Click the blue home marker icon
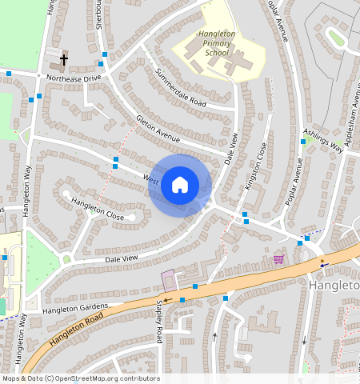(x=180, y=186)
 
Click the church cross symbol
(x=64, y=59)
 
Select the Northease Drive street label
(x=74, y=78)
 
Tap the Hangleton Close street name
(x=98, y=210)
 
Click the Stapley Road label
(x=159, y=320)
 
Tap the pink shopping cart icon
(x=278, y=259)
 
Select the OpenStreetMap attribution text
(x=80, y=378)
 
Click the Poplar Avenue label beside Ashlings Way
(x=294, y=182)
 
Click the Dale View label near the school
(x=231, y=150)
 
